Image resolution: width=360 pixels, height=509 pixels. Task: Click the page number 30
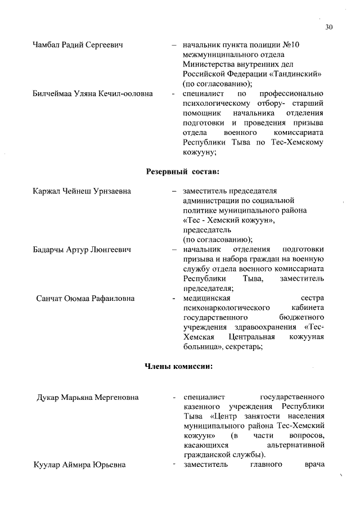coord(329,26)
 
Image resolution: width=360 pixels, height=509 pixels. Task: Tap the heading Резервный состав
coord(182,170)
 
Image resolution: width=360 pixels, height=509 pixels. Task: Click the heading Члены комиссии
coord(178,367)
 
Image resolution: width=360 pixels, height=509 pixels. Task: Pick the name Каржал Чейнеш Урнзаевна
coord(82,191)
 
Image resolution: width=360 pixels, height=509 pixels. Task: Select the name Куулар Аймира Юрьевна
coord(79,465)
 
